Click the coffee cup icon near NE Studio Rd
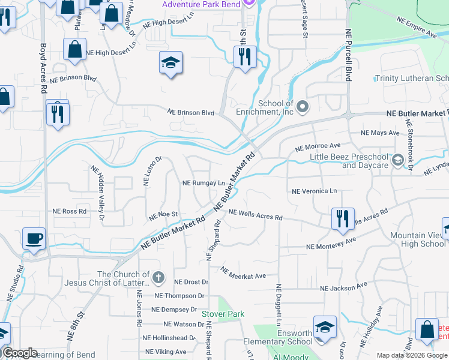(x=34, y=239)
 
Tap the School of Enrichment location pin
(x=303, y=107)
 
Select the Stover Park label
(x=223, y=314)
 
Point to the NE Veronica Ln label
(x=314, y=191)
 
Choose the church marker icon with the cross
(x=158, y=277)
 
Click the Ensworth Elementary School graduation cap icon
(x=324, y=327)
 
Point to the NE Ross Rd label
(x=70, y=211)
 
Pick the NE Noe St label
(x=164, y=214)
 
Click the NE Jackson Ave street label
(x=347, y=289)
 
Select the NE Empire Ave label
(x=417, y=28)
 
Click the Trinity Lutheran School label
(x=411, y=79)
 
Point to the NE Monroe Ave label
(x=318, y=146)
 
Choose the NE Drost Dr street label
(x=191, y=281)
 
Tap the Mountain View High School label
(x=418, y=240)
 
